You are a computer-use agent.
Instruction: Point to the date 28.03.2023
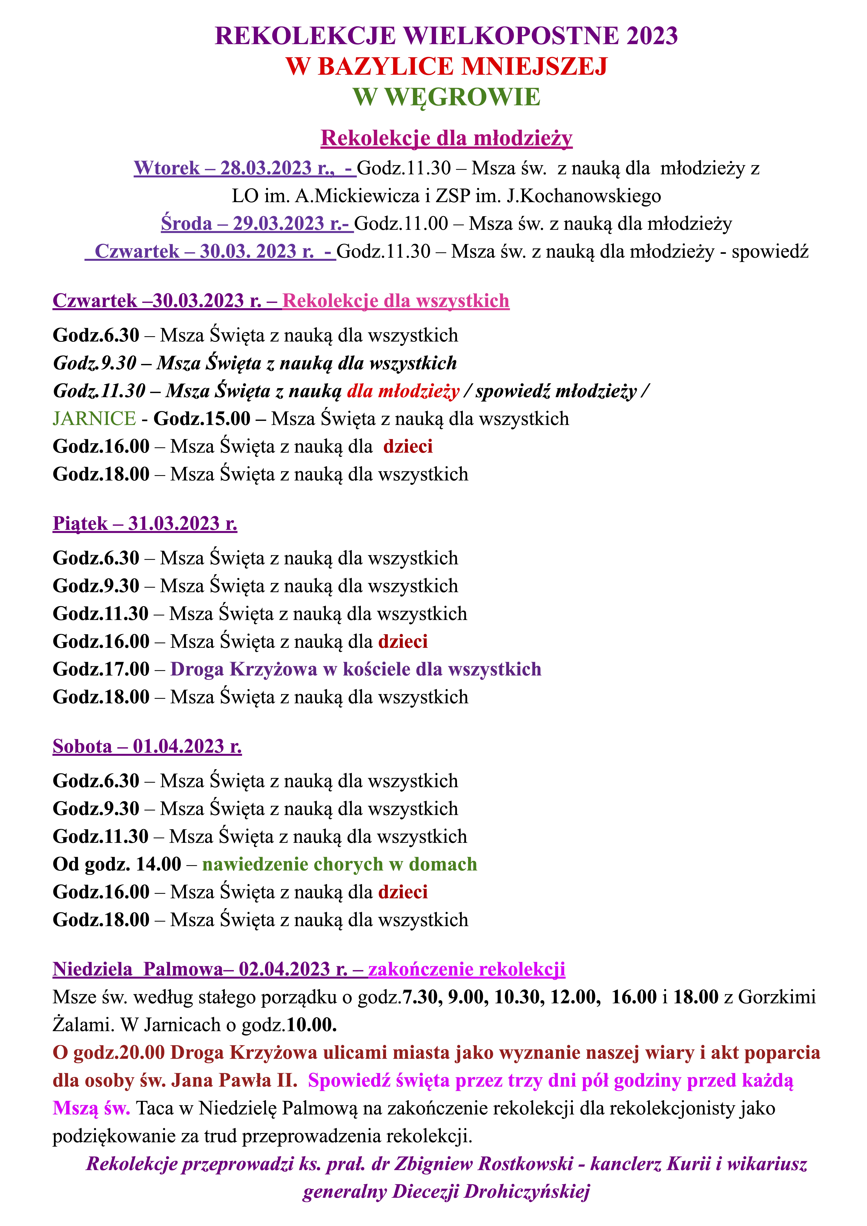pyautogui.click(x=266, y=168)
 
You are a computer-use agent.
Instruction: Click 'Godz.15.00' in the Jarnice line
pyautogui.click(x=202, y=419)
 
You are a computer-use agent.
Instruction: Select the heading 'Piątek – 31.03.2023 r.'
pyautogui.click(x=145, y=523)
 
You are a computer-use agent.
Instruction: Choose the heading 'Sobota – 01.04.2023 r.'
pyautogui.click(x=147, y=746)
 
